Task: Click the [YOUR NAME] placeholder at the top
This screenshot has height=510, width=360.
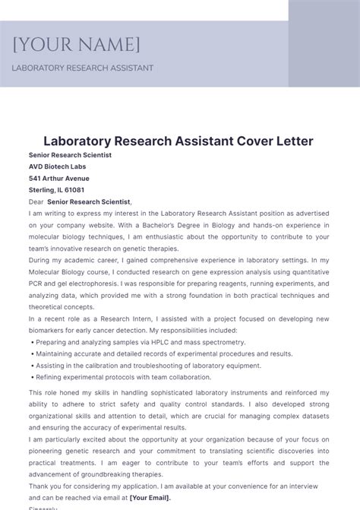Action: pos(76,45)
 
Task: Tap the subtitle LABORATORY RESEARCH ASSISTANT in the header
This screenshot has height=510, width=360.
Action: pos(82,68)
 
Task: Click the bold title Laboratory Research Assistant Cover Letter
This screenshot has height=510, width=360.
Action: pos(168,141)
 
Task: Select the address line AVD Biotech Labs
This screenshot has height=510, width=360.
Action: pos(57,166)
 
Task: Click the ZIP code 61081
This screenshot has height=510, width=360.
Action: pos(74,190)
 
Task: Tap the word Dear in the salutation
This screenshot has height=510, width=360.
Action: pos(36,202)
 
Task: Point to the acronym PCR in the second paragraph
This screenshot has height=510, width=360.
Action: pos(38,273)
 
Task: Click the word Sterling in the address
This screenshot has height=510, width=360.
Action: pos(42,190)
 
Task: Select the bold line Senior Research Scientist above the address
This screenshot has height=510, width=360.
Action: pos(70,155)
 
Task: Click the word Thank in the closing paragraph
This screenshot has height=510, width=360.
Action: pos(39,486)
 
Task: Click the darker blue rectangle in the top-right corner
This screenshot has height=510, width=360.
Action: pos(324,43)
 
